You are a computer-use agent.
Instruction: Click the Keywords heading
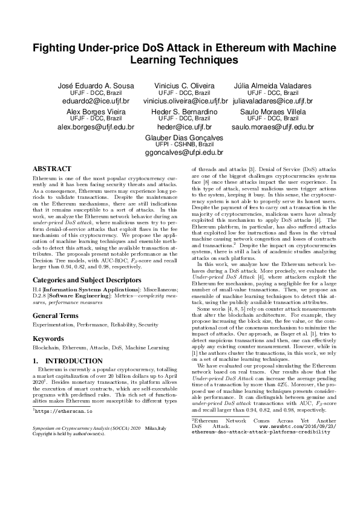tap(48, 322)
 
